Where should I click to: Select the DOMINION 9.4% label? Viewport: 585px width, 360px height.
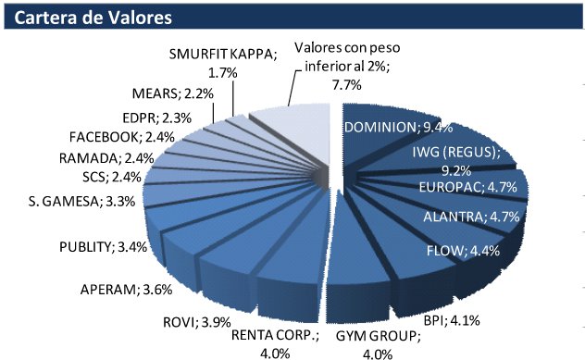[393, 128]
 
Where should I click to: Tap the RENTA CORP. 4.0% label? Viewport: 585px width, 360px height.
[274, 342]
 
